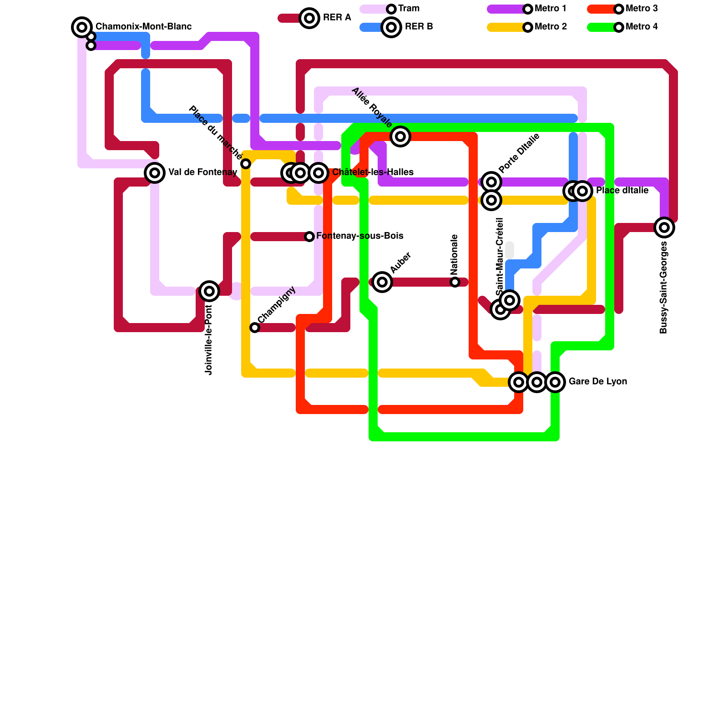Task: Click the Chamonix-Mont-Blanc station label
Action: (x=143, y=27)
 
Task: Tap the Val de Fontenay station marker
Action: (x=155, y=173)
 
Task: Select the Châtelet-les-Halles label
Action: (x=373, y=172)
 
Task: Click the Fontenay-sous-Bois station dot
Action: (x=309, y=237)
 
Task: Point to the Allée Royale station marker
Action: (x=400, y=136)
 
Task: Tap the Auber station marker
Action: (x=382, y=282)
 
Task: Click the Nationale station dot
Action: (x=455, y=282)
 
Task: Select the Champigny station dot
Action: (x=255, y=328)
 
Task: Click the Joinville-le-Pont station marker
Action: (x=209, y=291)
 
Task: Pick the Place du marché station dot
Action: (x=246, y=164)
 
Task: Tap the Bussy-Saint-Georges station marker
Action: (x=664, y=227)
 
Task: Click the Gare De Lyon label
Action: (x=597, y=382)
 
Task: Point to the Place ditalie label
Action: (x=622, y=191)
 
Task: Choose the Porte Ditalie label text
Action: (x=519, y=153)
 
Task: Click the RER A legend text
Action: (x=337, y=18)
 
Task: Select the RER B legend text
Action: (x=419, y=27)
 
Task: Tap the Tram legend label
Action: (x=409, y=9)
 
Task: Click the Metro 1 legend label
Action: (x=551, y=9)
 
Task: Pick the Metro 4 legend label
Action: (x=642, y=27)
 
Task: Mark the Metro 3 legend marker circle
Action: (x=619, y=9)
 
